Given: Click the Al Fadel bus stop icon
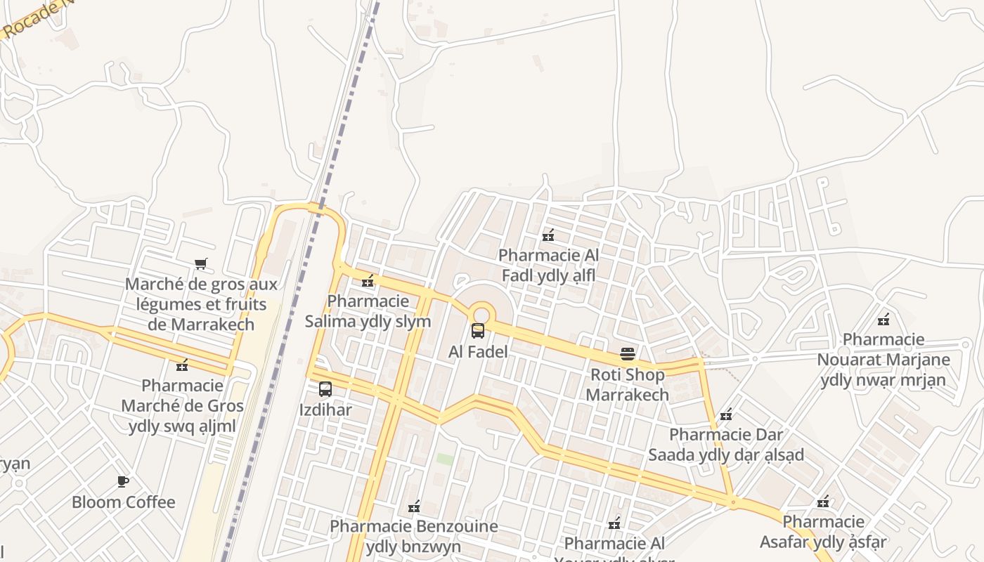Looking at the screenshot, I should coord(478,330).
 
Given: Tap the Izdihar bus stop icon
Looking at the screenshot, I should coord(325,388).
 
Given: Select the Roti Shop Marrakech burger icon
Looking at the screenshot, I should coord(628,354).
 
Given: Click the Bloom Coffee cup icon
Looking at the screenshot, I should coord(123,481).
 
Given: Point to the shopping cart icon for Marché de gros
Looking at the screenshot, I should coord(201,264).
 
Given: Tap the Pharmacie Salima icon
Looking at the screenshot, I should coord(367,281).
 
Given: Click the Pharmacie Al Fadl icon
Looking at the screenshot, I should coord(548,235).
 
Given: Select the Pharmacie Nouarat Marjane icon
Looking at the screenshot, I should coord(883,320).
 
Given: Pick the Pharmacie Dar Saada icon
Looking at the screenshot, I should coord(726,414).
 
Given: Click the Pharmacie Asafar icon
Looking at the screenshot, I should coord(823,502).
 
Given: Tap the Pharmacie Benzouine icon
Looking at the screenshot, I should coord(414,506).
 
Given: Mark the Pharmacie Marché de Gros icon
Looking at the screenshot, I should coord(182,365).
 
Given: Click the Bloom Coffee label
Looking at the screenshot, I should coord(123,502).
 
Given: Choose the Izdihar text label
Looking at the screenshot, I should coord(325,410).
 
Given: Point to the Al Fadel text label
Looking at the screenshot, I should coord(478,351).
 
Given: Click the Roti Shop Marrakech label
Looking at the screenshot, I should coord(627,384).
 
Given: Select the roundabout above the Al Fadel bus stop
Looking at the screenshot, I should coord(481,313).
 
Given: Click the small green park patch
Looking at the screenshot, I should coord(445,459).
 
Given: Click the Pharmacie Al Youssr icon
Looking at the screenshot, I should coord(614,523).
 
